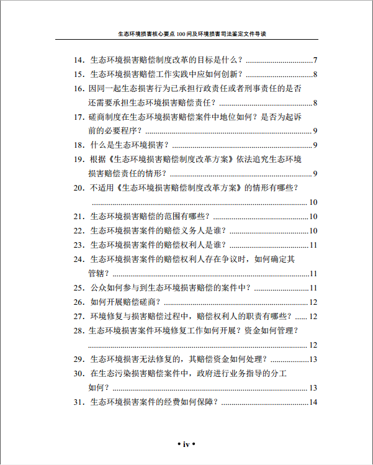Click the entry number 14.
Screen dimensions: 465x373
point(78,60)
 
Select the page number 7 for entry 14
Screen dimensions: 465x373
point(315,60)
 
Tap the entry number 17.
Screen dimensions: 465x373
point(78,117)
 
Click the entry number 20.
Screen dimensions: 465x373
point(78,187)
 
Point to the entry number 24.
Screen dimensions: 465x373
point(78,259)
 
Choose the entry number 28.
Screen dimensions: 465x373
point(78,330)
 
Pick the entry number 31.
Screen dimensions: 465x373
point(78,402)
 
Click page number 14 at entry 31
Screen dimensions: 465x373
point(313,402)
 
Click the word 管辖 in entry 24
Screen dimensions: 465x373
point(96,273)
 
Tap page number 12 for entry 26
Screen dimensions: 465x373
point(313,302)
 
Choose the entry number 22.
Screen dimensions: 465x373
point(78,230)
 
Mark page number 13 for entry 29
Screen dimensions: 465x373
point(313,359)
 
